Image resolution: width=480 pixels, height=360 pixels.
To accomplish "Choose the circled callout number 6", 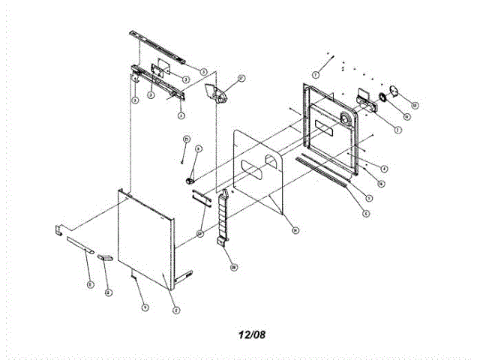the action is (x=366, y=213).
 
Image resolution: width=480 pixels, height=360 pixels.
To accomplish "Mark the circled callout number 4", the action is (x=383, y=168).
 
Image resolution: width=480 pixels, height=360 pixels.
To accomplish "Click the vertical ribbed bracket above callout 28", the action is (x=223, y=217).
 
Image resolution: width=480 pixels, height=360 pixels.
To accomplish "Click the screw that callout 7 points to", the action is (x=329, y=55).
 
